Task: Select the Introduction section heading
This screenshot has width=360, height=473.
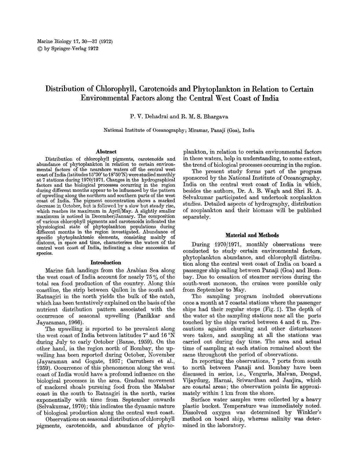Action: (106, 263)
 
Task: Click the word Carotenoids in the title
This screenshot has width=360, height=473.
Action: (154, 89)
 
